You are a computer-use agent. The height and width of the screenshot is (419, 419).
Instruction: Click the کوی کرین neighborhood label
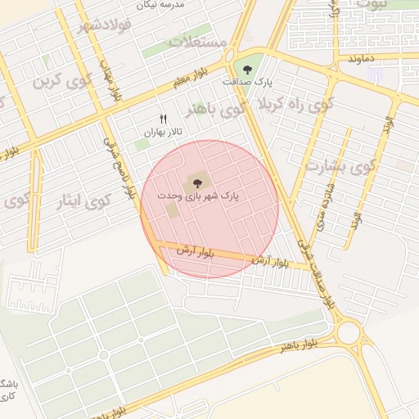coord(60,83)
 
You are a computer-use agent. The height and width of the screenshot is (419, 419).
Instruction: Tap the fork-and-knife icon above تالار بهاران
coord(163,119)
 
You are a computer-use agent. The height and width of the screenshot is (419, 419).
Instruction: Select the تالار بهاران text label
coord(163,132)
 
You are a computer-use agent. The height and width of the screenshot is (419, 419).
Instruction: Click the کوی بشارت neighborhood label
coord(340,166)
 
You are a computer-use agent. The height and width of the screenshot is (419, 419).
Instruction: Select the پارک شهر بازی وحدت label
coord(211,197)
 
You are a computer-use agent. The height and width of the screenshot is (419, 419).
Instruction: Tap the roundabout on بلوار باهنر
coord(349,333)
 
